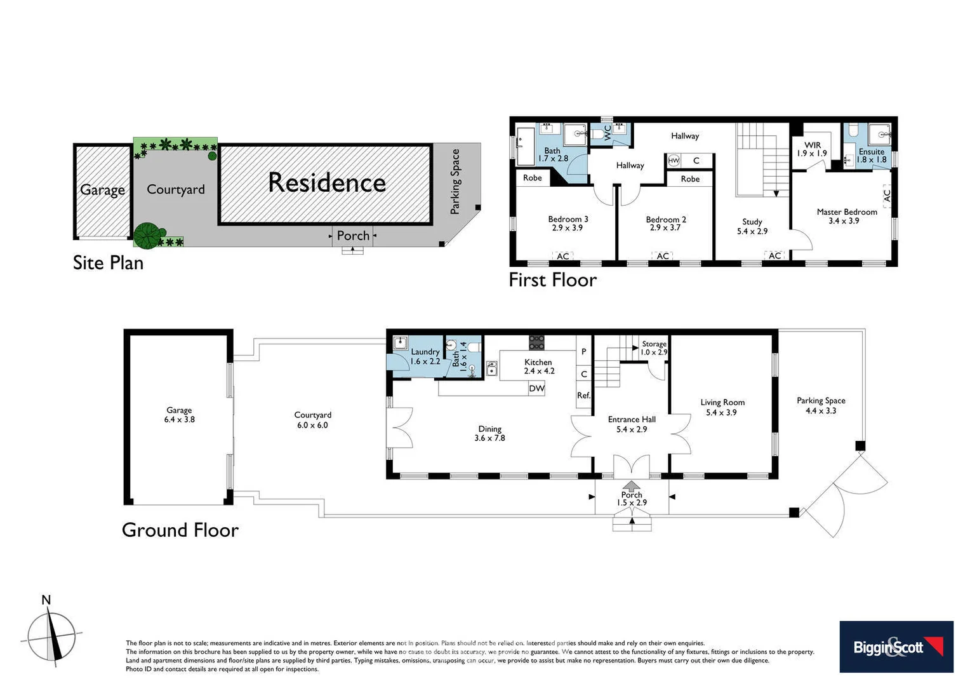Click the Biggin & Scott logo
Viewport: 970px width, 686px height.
point(896,647)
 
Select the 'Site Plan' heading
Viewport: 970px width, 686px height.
point(108,262)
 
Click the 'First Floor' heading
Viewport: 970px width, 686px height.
point(552,279)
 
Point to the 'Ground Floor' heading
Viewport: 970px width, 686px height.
point(180,530)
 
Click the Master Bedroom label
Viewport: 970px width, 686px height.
point(846,216)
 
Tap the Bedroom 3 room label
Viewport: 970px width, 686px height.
point(568,223)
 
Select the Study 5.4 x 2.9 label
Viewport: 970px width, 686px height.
point(752,226)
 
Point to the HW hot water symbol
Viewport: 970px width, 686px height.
point(674,161)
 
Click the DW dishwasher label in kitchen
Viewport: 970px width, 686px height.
point(536,389)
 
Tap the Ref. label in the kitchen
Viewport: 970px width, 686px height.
point(583,395)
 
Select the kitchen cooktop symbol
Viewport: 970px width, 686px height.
point(536,342)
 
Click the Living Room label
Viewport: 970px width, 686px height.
point(722,407)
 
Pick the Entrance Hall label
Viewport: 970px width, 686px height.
point(631,424)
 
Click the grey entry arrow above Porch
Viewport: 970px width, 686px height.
point(631,486)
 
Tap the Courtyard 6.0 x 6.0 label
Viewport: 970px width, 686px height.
point(312,419)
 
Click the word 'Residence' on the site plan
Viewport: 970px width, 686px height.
point(326,183)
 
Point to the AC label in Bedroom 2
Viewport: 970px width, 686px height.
point(663,256)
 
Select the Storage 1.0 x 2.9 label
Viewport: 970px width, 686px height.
point(654,347)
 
